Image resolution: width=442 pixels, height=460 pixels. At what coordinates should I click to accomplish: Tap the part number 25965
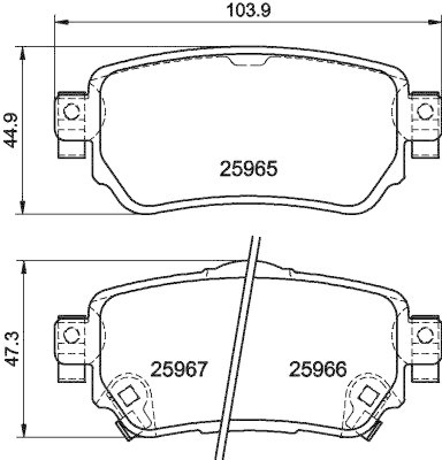[249, 168]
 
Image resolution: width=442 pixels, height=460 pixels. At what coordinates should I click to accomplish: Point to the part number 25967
[179, 369]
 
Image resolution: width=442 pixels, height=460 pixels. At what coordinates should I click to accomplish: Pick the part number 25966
[318, 369]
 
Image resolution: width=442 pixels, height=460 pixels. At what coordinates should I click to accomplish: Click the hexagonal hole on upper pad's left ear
[71, 112]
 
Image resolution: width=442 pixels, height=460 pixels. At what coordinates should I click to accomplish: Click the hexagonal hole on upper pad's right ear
[425, 110]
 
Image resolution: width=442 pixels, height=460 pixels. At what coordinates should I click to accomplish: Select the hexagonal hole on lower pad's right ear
[425, 333]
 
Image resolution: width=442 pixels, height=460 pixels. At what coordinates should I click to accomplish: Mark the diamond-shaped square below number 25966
[367, 395]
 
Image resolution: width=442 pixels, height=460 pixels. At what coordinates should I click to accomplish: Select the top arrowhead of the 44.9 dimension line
[22, 52]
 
